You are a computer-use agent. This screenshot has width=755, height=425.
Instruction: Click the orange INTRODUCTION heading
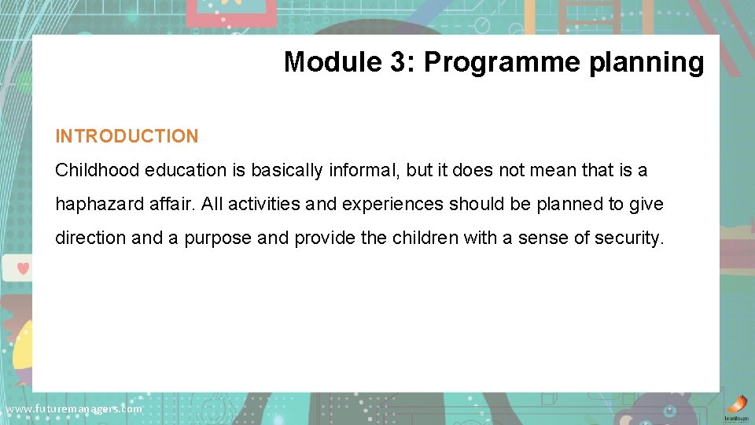pyautogui.click(x=127, y=136)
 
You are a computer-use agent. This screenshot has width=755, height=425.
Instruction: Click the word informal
pyautogui.click(x=362, y=170)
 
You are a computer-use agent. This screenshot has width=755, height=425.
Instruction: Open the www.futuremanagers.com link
pyautogui.click(x=74, y=409)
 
